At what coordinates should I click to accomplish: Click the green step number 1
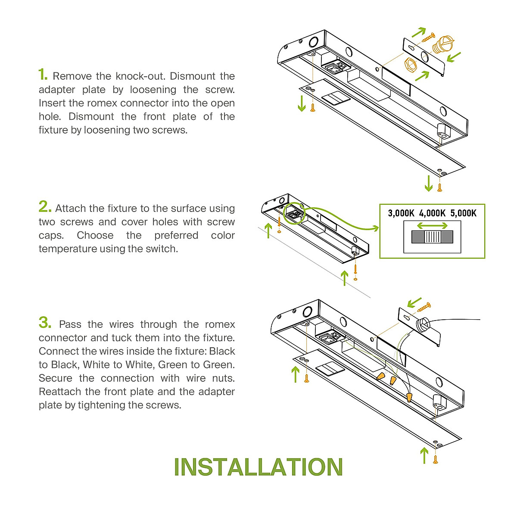click(43, 75)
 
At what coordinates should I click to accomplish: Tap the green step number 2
click(44, 207)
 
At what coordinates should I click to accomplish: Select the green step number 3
click(44, 322)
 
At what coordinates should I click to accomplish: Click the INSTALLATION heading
click(258, 467)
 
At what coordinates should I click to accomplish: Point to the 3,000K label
click(401, 213)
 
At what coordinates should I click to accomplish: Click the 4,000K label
click(432, 213)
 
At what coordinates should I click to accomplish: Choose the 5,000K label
click(464, 213)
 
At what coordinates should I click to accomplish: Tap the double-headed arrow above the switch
click(432, 226)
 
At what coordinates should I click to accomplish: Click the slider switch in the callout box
click(432, 237)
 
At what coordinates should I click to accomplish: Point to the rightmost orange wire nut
click(409, 397)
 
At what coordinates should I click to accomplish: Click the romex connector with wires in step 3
click(423, 324)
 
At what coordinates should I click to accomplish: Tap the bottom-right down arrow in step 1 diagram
click(428, 183)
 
